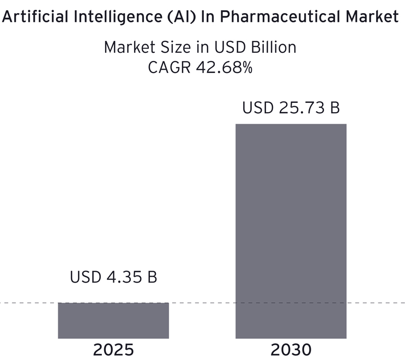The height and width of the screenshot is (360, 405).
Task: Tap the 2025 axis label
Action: tap(113, 349)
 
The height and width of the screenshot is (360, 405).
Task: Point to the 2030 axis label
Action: tap(291, 349)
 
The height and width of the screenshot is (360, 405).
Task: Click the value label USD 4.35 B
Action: tap(113, 277)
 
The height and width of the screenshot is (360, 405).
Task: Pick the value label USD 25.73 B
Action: tap(291, 107)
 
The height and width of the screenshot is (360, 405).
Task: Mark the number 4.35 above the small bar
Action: tap(123, 277)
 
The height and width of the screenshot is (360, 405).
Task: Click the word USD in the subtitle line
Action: tap(227, 47)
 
